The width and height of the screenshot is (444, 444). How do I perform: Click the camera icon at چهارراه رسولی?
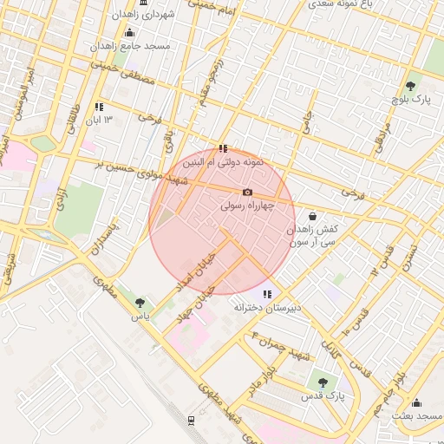pyautogui.click(x=248, y=192)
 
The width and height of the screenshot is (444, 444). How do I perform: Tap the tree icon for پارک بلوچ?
pyautogui.click(x=410, y=86)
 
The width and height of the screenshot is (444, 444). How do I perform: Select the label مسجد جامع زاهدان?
pyautogui.click(x=134, y=45)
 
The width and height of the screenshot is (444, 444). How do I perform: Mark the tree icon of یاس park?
pyautogui.click(x=140, y=303)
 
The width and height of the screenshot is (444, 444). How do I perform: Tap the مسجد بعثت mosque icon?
pyautogui.click(x=416, y=402)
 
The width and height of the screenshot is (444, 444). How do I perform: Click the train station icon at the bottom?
pyautogui.click(x=191, y=421)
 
